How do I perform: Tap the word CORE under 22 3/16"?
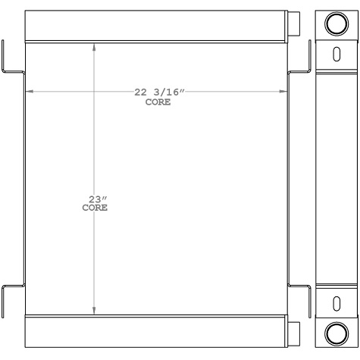(x=158, y=102)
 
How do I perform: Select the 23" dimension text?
(x=94, y=199)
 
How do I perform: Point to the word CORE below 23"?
(x=94, y=208)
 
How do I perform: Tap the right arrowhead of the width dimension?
(x=286, y=92)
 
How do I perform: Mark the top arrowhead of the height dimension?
(x=94, y=46)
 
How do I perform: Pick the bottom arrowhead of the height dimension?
(x=94, y=310)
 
